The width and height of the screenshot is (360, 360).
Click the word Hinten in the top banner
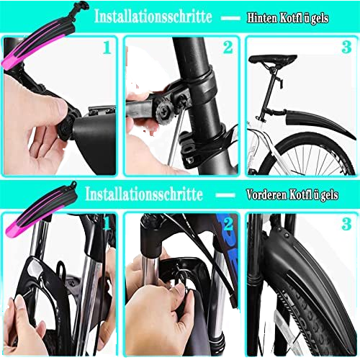coord(262,18)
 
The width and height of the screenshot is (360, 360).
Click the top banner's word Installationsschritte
coord(153,17)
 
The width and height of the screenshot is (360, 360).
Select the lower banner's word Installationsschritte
coord(144,194)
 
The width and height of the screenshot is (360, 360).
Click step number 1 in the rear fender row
coord(107,48)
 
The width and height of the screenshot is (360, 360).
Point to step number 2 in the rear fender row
coord(228,48)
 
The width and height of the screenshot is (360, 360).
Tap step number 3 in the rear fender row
coord(346,48)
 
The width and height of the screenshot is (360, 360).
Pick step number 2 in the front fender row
coord(228,225)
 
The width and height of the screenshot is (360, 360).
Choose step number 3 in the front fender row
coord(346,225)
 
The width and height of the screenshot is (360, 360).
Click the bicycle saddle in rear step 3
coord(273,58)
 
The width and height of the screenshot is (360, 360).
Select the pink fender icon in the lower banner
coord(41,209)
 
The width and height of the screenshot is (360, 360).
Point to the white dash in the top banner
coord(230,18)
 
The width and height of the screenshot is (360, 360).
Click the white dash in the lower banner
coord(225,195)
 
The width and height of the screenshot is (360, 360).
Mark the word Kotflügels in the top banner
coord(304,18)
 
